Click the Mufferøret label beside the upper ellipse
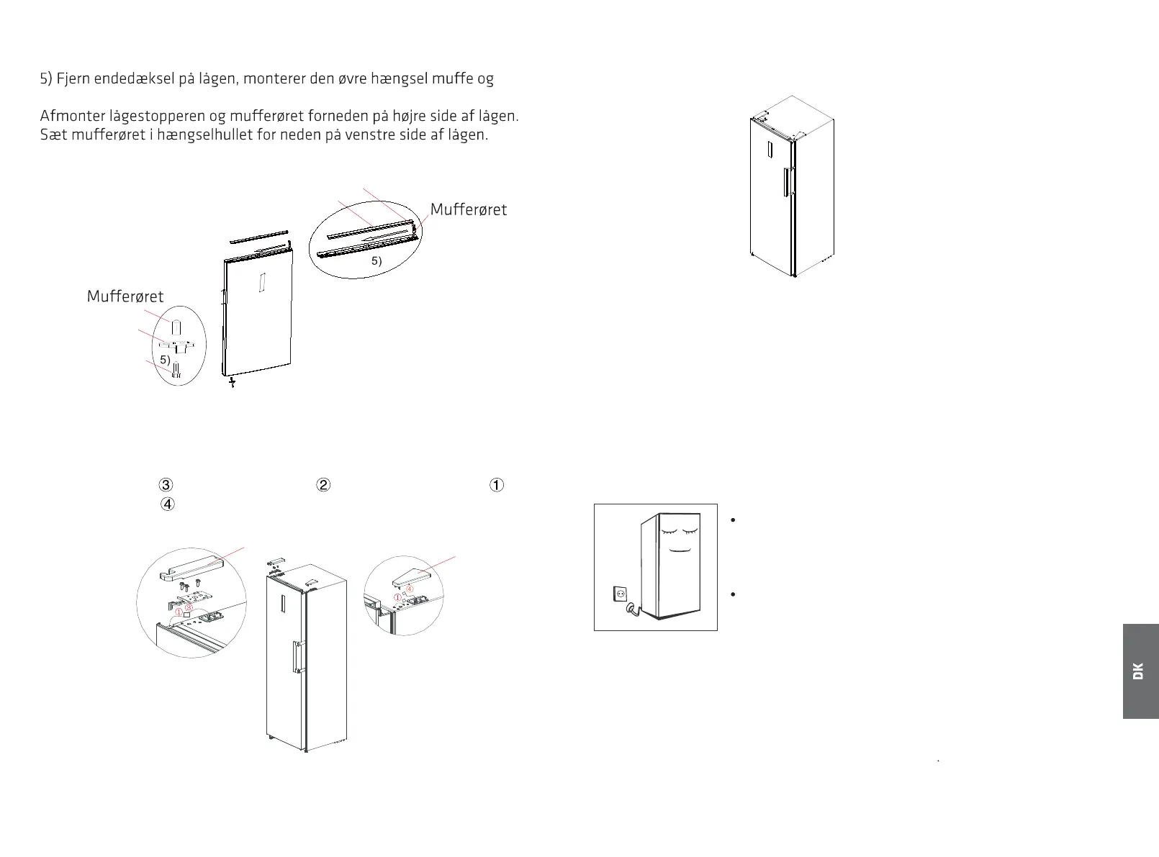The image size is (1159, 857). pos(468,209)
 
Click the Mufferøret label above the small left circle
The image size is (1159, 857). pos(125,296)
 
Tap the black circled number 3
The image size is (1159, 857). pos(166,485)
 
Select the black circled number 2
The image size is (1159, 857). pos(323,485)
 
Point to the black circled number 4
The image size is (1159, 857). pos(167,504)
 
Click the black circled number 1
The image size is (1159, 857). pos(497,485)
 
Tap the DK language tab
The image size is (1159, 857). pos(1140,671)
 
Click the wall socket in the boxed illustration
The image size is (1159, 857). pos(618,594)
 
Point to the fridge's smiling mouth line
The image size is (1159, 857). pos(680,550)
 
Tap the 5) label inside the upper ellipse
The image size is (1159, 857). pos(376,261)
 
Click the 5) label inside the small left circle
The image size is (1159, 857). pos(165,360)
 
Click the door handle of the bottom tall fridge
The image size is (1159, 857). pos(296,656)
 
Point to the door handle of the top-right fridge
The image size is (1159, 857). pos(787,181)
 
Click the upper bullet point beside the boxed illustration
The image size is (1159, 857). pos(732,521)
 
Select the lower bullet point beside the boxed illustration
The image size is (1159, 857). pos(732,594)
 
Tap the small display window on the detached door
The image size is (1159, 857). pos(263,283)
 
